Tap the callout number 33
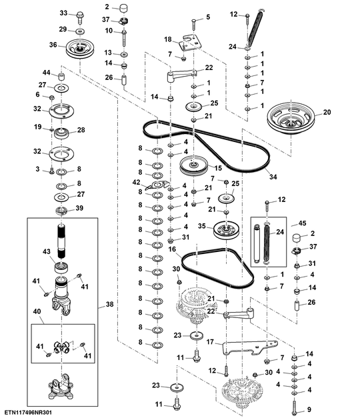[64, 13]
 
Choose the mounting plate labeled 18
[193, 44]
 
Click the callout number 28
[81, 130]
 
